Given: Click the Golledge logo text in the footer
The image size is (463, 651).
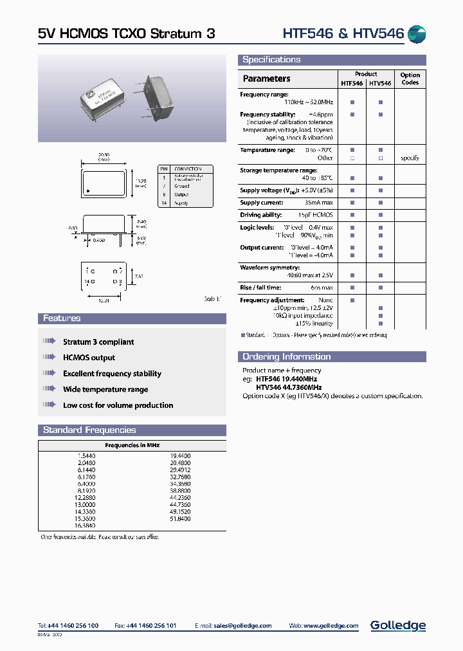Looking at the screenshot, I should point(397,625).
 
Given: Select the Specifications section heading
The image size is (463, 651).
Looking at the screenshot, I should point(271,60).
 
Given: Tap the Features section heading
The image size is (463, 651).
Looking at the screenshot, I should point(62,318).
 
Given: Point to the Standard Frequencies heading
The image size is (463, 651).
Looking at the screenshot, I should point(89,430).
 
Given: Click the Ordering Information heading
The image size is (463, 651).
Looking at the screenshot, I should point(286,357).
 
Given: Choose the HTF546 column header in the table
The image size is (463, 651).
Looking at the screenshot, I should point(352,84).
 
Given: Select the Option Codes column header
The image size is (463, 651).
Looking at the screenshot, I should point(410,79).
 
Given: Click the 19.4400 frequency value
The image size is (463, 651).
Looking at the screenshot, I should point(180,455).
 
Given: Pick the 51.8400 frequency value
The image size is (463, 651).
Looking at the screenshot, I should point(180,518).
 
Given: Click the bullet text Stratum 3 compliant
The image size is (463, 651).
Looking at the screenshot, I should point(98,342).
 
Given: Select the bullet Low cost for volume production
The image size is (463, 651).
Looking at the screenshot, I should point(118,405).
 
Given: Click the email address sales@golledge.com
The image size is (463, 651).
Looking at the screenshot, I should point(243,626).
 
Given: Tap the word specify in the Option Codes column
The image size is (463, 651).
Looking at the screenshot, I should point(410,158).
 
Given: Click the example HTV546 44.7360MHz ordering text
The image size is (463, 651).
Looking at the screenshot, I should point(289,388).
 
